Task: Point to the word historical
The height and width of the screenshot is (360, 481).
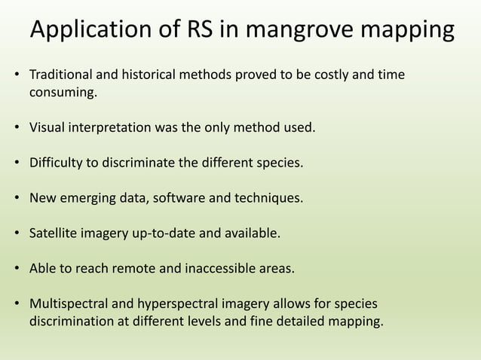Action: (152, 76)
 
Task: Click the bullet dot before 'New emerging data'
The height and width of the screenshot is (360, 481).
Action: (17, 198)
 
